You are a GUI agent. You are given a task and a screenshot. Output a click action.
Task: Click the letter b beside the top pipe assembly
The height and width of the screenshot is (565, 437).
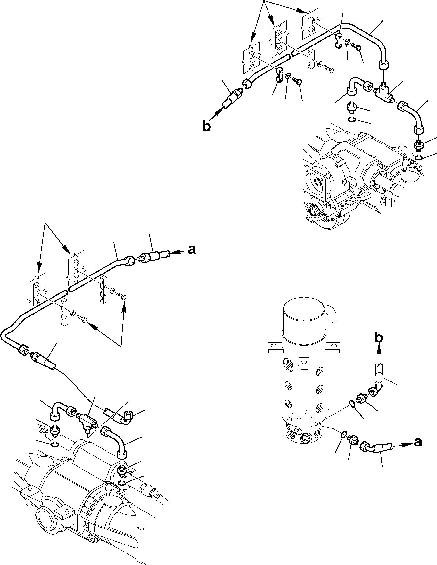(x=207, y=127)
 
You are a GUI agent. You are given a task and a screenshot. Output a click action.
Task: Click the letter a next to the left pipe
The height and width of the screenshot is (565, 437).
(x=192, y=250)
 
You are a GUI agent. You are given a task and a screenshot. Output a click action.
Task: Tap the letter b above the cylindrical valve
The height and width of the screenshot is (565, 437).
(x=379, y=338)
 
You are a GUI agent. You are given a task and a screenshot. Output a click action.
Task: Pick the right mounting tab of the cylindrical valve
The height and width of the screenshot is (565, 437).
(x=333, y=346)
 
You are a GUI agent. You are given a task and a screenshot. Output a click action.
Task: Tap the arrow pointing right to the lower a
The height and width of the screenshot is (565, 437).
(x=402, y=445)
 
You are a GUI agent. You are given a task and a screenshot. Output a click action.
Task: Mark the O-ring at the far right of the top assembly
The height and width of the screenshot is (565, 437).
(x=419, y=158)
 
